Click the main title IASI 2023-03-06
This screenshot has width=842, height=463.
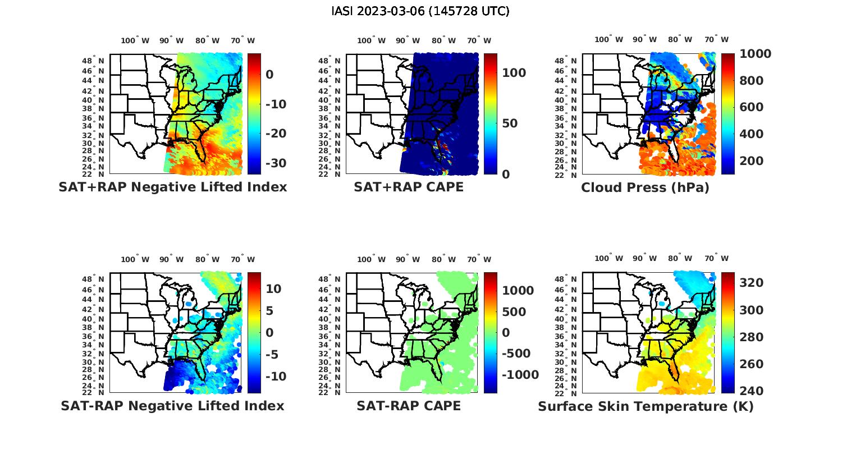pos(420,11)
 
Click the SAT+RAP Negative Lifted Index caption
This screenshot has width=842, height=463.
pos(173,187)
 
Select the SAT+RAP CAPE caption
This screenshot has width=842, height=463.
pos(409,187)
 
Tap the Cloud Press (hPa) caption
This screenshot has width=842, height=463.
pos(645,187)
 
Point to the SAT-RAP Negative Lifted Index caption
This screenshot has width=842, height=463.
pos(173,406)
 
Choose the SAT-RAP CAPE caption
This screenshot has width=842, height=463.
pos(409,406)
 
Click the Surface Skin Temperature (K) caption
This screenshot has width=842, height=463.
pos(646,406)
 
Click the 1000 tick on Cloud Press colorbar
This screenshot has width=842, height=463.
pos(755,54)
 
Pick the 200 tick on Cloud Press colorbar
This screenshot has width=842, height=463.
pos(752,161)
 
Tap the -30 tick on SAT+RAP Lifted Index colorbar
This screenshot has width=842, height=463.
pos(276,163)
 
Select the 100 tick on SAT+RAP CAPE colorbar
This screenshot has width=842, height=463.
pos(514,73)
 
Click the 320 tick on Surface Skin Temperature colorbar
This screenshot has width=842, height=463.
pos(752,283)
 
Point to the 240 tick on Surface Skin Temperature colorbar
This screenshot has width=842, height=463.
pos(752,391)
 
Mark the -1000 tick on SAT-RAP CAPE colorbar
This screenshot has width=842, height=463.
pos(520,375)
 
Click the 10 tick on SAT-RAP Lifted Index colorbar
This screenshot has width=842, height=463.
pos(274,289)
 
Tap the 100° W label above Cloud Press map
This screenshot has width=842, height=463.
pos(609,40)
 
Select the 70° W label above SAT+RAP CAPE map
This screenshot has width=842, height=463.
pos(480,40)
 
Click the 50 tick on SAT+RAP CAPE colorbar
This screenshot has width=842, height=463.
pos(510,123)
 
